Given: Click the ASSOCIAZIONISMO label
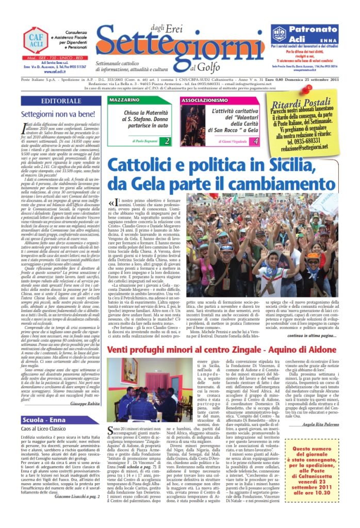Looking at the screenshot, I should coord(204,98).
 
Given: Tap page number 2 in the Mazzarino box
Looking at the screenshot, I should coord(166,140).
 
